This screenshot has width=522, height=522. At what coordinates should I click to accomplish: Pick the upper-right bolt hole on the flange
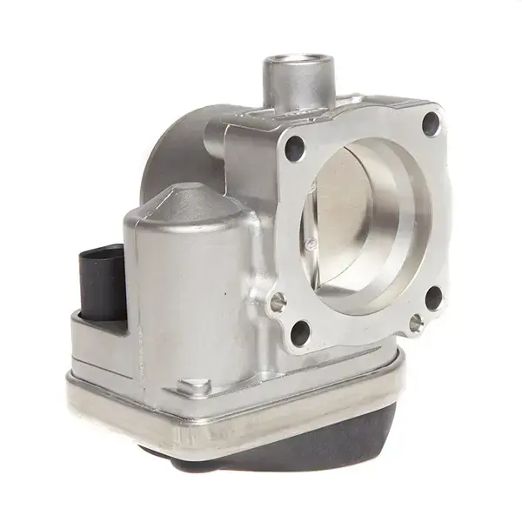tap(431, 124)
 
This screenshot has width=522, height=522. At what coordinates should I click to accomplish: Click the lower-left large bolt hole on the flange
tap(301, 331)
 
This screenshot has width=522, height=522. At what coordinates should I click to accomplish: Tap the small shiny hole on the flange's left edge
tap(278, 302)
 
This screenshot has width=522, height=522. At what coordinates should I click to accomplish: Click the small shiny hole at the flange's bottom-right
tap(416, 324)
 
